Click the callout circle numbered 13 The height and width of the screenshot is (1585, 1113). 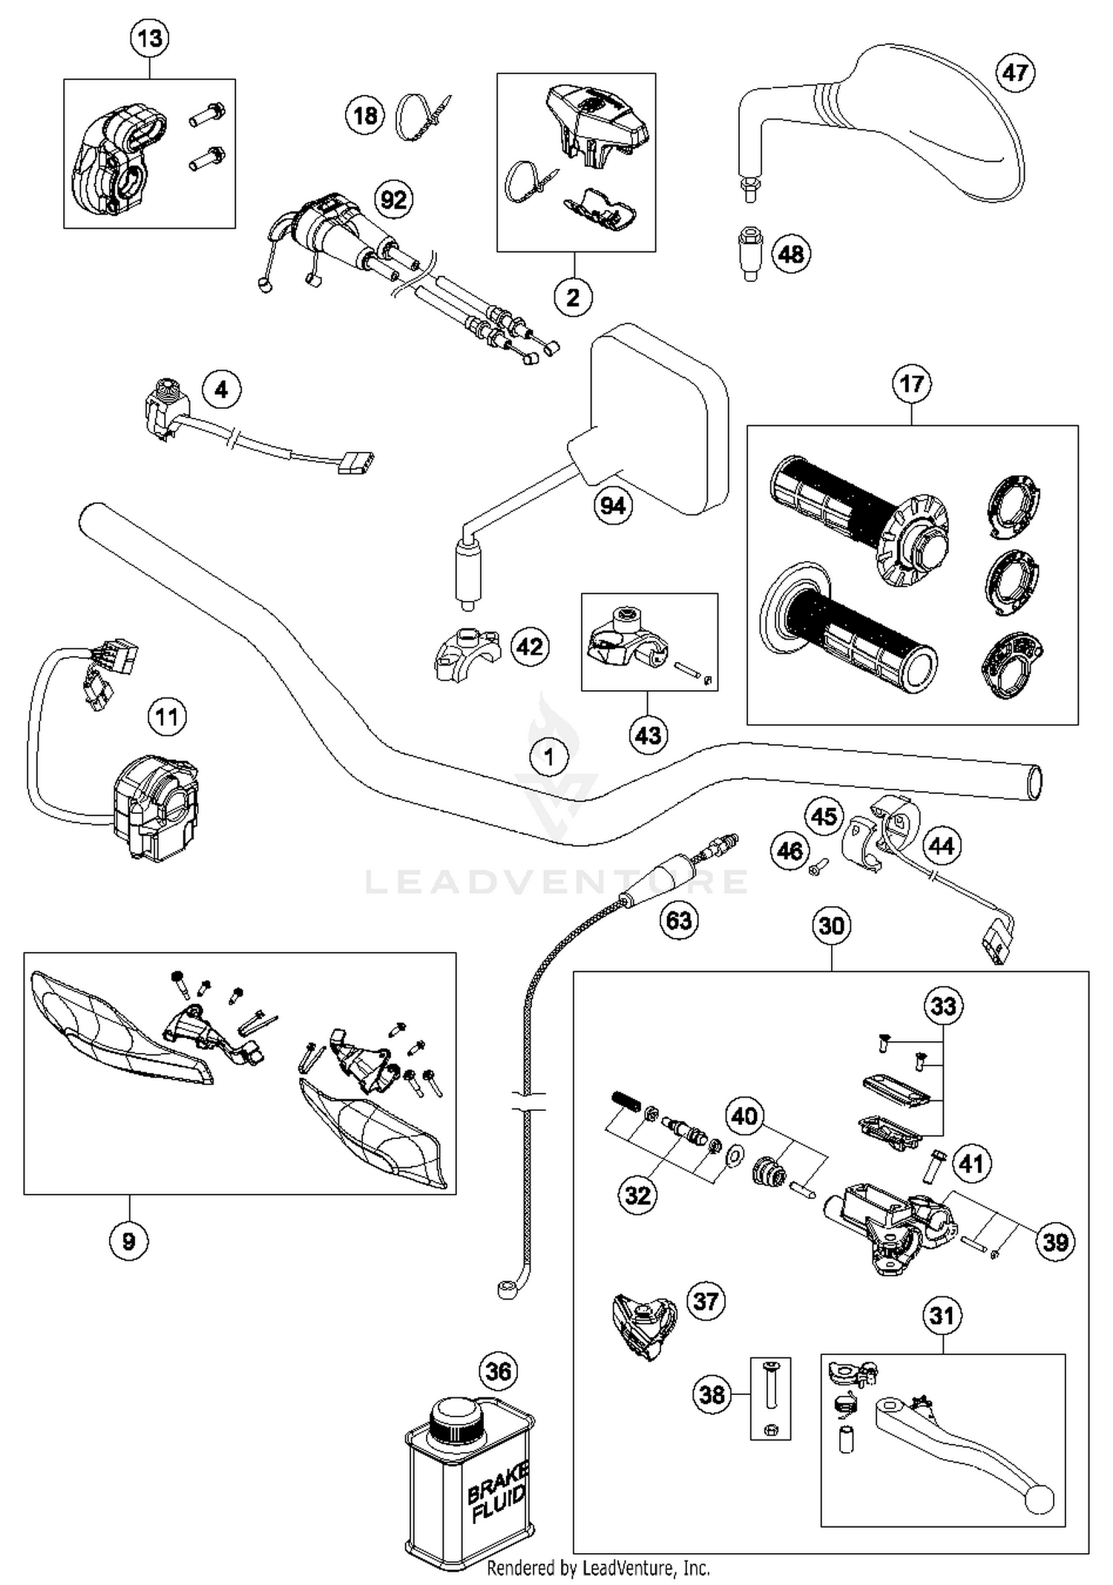point(150,38)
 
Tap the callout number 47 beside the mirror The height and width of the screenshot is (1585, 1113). point(1015,72)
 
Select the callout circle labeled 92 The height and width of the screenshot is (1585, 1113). point(393,200)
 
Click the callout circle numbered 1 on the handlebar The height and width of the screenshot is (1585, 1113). point(549,757)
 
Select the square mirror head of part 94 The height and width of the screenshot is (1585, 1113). point(659,419)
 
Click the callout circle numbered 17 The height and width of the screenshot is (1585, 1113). point(912,384)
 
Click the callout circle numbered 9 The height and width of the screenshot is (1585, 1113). point(128,1241)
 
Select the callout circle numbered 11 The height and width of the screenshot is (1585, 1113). point(167,717)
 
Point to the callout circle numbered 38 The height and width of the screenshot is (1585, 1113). point(712,1394)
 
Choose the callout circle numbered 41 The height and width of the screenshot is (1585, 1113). point(972,1163)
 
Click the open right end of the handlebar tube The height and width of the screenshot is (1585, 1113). point(1034,783)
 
